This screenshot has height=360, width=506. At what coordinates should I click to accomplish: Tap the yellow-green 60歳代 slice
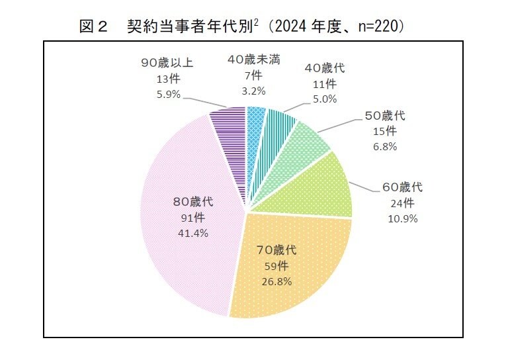[x=324, y=189]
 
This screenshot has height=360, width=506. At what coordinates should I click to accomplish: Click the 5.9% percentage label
[x=168, y=94]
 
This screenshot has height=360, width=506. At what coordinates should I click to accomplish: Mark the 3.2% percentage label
[x=253, y=91]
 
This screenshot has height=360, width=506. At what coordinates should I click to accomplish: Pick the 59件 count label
[x=276, y=265]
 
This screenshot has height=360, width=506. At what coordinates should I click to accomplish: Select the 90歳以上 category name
[x=167, y=63]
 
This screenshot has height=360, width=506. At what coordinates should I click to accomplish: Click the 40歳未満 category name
[x=253, y=60]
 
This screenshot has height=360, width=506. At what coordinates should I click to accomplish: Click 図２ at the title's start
[x=93, y=27]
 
